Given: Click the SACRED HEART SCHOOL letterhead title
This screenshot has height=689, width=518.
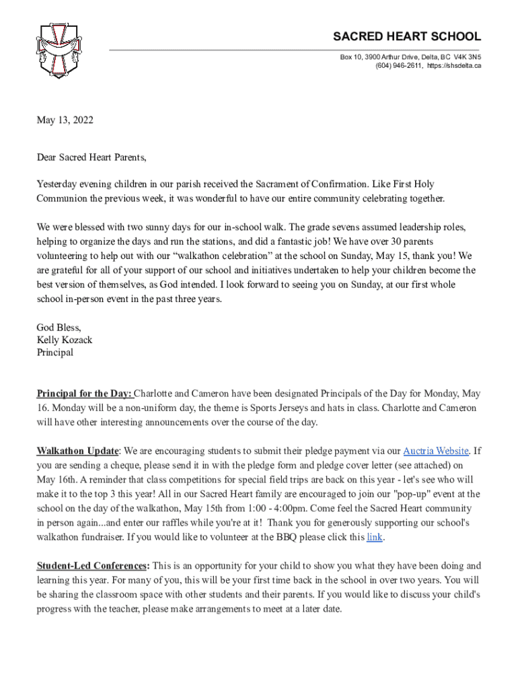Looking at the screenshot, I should click(x=408, y=36).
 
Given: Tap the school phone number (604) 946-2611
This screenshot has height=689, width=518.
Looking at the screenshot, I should click(x=399, y=66).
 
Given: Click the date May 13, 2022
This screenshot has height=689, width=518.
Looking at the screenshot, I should click(x=65, y=121).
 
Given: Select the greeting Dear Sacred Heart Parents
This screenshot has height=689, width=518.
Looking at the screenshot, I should click(x=91, y=158).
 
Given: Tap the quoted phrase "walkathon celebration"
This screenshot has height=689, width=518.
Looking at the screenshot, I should click(x=240, y=255).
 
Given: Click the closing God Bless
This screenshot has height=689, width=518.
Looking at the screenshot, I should click(x=59, y=328).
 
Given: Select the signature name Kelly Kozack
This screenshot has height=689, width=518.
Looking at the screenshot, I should click(x=64, y=340).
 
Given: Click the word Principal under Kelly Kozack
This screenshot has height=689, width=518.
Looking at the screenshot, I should click(x=54, y=352).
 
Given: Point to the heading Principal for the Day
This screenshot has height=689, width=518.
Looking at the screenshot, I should click(x=85, y=394).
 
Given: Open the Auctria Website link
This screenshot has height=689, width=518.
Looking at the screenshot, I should click(x=435, y=450).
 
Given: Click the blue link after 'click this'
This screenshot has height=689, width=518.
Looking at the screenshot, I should click(x=375, y=537).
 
